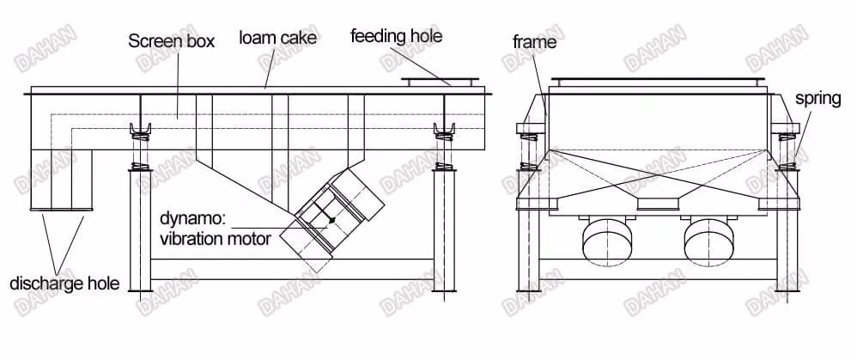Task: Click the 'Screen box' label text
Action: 171,40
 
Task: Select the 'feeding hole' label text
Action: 396,36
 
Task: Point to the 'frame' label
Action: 534,41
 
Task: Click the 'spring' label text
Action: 817,99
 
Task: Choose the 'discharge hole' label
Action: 64,284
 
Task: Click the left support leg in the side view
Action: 139,232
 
